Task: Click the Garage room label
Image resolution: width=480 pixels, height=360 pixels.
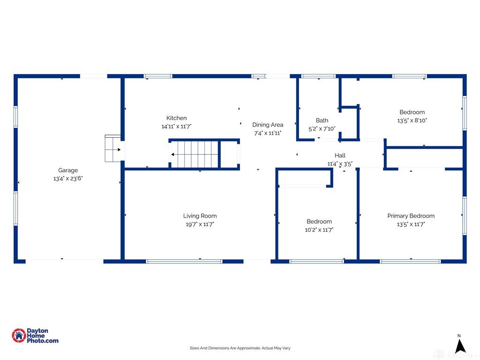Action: [x=68, y=170]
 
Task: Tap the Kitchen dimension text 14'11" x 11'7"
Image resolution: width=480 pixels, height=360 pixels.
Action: [x=176, y=127]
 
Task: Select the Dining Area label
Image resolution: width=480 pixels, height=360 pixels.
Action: [x=268, y=125]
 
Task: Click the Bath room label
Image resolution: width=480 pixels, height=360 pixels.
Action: [x=322, y=120]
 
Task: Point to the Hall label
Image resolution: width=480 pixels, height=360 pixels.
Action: [x=340, y=156]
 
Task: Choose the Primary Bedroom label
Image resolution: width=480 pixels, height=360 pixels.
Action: [x=411, y=216]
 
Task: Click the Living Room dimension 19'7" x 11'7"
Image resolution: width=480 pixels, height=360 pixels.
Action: [x=200, y=225]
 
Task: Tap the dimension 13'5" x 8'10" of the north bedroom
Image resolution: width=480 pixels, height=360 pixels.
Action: [x=412, y=120]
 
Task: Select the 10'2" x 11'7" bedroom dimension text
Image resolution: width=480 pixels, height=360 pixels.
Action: [x=319, y=230]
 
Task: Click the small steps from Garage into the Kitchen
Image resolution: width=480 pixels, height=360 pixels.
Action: [x=112, y=149]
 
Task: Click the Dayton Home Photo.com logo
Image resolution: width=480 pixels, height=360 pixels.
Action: [x=35, y=336]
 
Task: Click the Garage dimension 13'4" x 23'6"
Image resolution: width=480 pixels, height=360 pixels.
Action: [x=68, y=179]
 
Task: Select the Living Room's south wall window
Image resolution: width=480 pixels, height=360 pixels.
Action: [x=184, y=261]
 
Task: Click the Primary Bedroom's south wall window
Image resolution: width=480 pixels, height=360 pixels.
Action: [x=410, y=261]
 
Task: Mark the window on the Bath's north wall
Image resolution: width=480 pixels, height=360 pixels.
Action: [x=318, y=76]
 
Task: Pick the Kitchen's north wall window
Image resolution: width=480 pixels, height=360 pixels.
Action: [x=158, y=76]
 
